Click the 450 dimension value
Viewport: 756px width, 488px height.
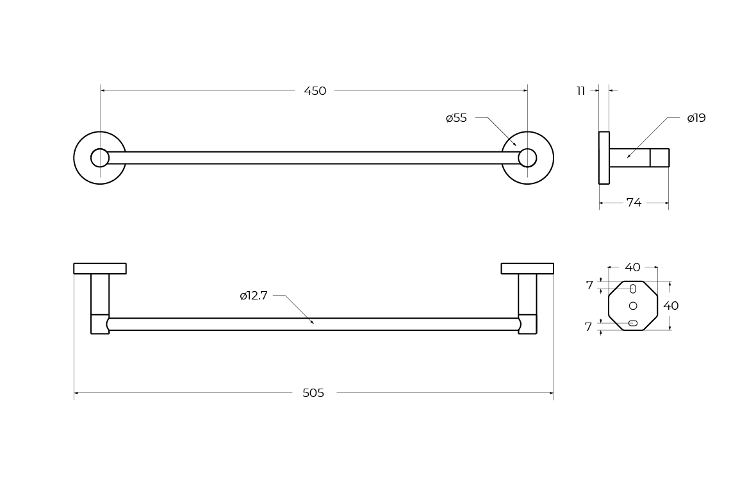(315, 91)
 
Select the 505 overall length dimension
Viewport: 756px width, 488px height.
(313, 393)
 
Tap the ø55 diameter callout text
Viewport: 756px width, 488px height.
(456, 118)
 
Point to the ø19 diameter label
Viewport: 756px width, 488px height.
(696, 118)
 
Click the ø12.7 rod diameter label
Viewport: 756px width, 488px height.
(254, 296)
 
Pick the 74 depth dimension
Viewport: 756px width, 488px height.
(634, 203)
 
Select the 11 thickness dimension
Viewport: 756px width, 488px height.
(580, 91)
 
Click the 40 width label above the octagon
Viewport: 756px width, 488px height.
(632, 267)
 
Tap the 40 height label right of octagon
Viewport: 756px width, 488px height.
(671, 305)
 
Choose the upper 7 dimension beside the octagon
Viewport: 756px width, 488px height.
(589, 285)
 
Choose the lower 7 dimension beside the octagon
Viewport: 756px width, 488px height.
(588, 327)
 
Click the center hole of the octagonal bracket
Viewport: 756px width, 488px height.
(633, 305)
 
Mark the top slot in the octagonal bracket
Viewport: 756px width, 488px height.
(633, 289)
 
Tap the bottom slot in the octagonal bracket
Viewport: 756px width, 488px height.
(633, 323)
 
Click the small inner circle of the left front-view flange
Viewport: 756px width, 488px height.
(100, 158)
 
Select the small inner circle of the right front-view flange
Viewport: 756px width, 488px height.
(527, 158)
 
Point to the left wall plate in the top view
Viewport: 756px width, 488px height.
(100, 269)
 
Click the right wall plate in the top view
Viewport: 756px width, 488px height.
(527, 269)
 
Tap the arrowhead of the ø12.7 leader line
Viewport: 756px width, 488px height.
(312, 322)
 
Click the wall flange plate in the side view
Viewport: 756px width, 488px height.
(604, 158)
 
